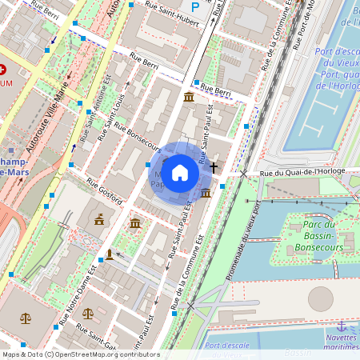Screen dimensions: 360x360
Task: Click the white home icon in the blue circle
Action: tap(180, 172)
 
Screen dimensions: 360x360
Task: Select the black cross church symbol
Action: tap(214, 167)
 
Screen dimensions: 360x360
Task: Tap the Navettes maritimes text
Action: tap(342, 341)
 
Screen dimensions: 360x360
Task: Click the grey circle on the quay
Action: tap(321, 298)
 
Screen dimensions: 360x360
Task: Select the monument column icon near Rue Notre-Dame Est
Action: tap(110, 255)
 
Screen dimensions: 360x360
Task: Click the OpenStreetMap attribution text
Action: tap(80, 354)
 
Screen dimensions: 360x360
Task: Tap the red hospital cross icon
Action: tap(4, 70)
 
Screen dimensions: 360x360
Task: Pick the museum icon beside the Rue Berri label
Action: tap(188, 97)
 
